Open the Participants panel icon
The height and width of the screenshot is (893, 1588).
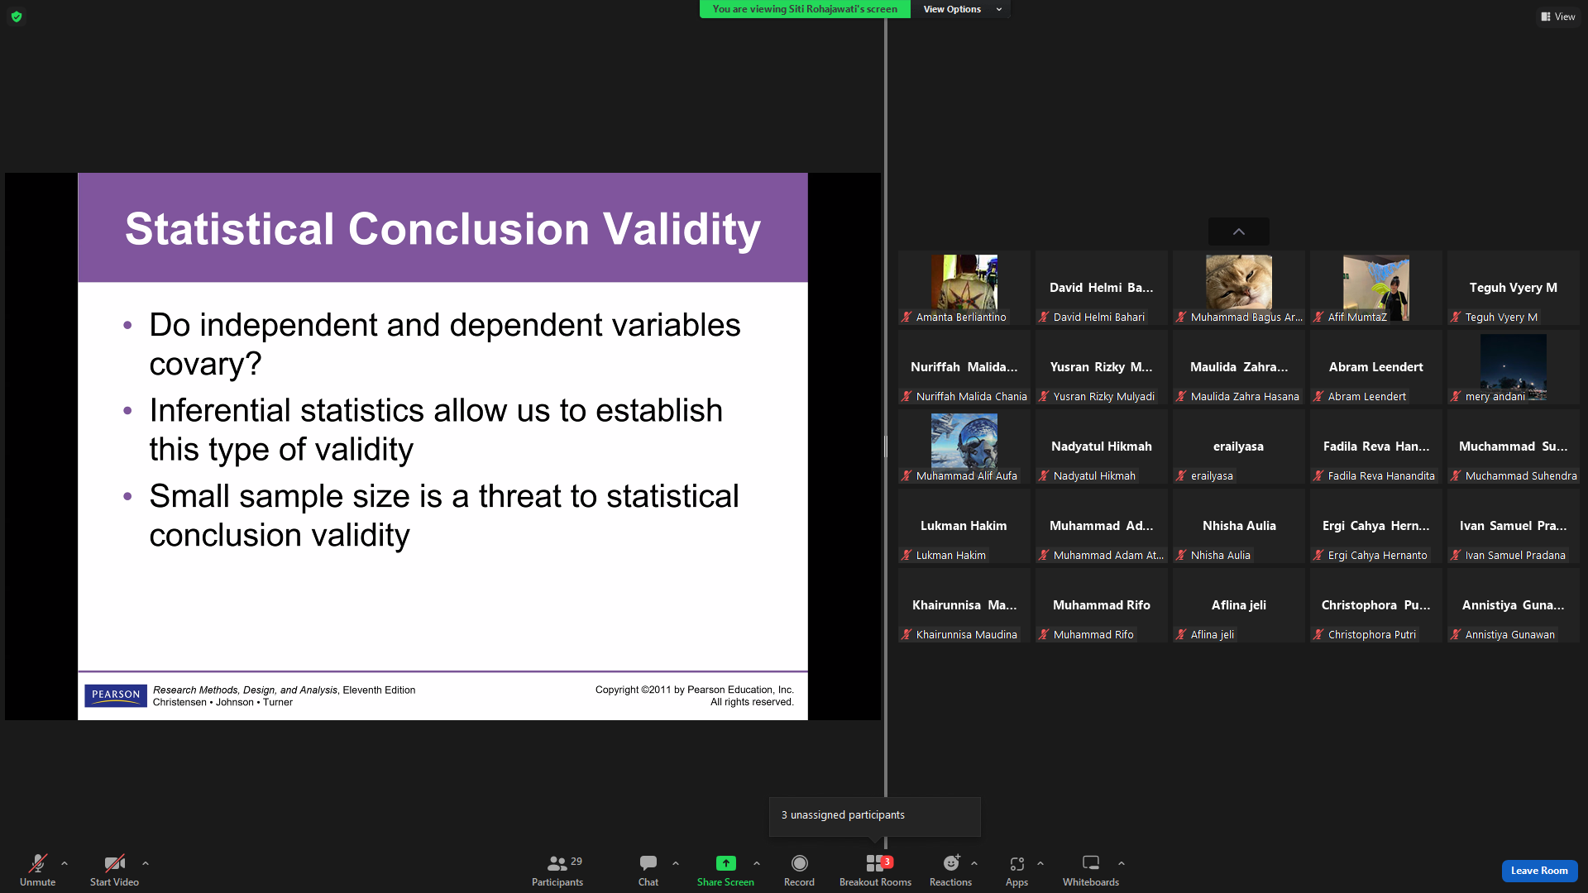(557, 863)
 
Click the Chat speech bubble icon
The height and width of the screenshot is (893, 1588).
(648, 863)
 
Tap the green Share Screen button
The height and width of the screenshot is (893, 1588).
(725, 863)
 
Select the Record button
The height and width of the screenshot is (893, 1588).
(799, 863)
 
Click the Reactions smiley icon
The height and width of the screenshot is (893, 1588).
(951, 863)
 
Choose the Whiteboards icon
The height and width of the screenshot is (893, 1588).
(1091, 863)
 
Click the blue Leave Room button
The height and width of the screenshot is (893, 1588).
(1539, 871)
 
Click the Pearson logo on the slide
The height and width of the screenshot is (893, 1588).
(116, 695)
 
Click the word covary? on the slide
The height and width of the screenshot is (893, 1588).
(205, 364)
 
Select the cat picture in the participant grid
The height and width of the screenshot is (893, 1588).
(1238, 282)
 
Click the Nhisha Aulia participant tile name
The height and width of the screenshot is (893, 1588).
(1239, 526)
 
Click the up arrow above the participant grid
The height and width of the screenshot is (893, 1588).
(1238, 232)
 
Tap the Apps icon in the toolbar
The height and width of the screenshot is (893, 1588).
(1016, 863)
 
